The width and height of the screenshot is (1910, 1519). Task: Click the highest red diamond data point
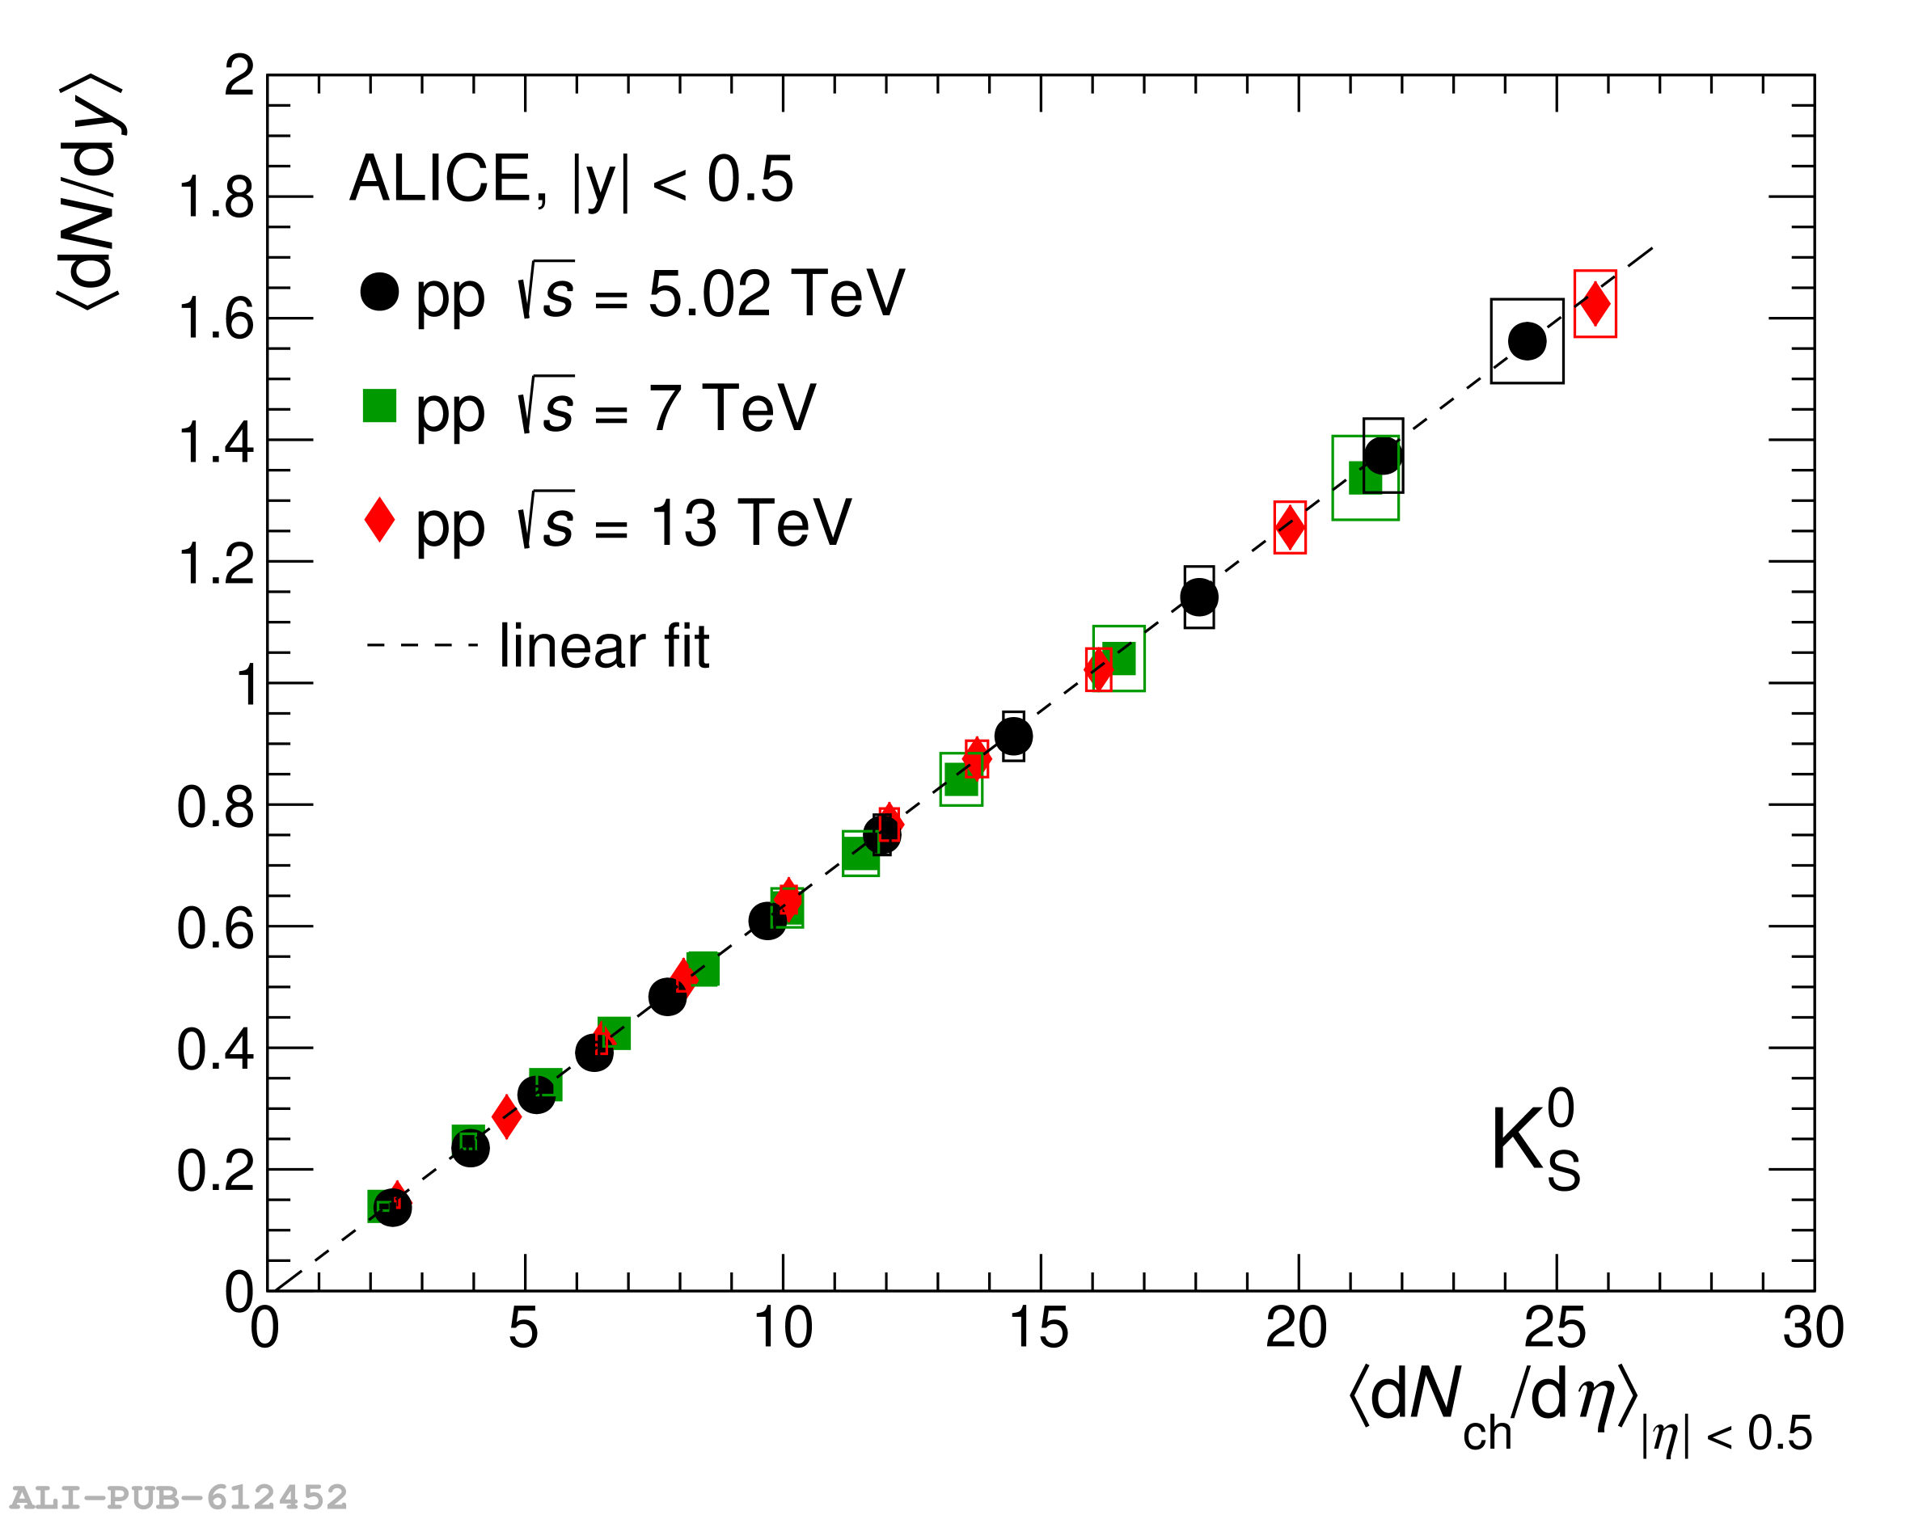1595,304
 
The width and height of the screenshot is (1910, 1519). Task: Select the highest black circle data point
1527,341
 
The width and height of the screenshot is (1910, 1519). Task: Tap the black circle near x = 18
1198,597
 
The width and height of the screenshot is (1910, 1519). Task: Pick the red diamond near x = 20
1289,527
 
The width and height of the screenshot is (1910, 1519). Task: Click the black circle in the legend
379,291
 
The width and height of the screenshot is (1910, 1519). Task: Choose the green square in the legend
379,406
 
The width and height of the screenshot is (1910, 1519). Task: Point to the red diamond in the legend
379,519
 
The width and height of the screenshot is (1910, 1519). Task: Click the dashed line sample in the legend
423,645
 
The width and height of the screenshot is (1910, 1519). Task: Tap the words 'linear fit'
604,647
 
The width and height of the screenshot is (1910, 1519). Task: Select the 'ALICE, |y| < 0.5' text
572,179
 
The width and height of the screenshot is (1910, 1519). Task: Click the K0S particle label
1534,1141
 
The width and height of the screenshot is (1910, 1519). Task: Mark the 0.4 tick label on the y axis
214,1049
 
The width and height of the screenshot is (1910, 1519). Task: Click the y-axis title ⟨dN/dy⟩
91,191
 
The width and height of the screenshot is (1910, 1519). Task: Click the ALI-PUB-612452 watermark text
178,1498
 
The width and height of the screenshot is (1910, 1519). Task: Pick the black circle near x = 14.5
1012,736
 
